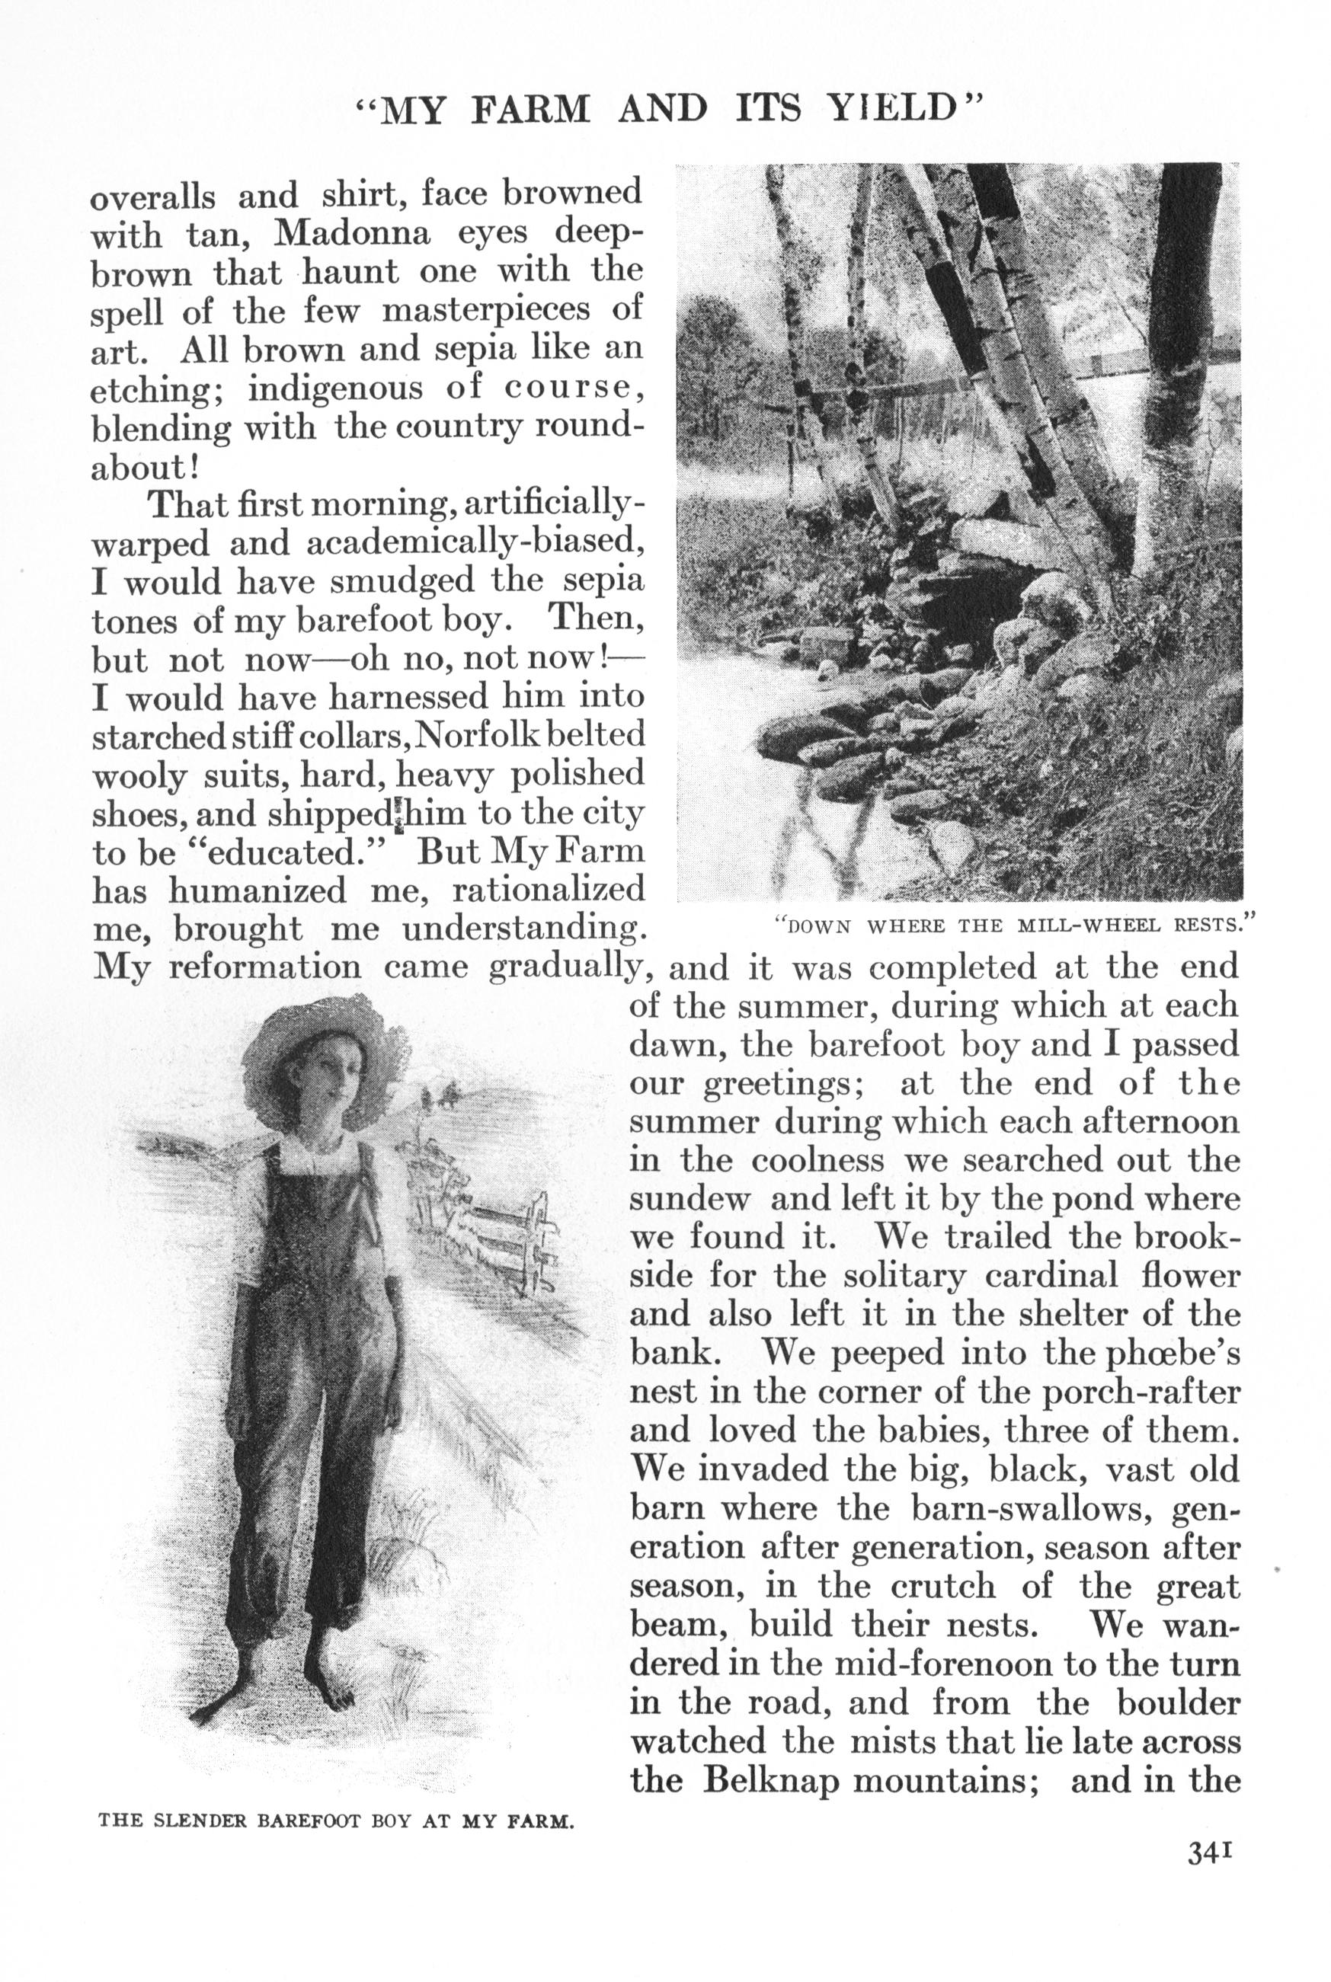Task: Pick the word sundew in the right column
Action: (690, 1200)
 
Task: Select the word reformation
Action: (266, 968)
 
